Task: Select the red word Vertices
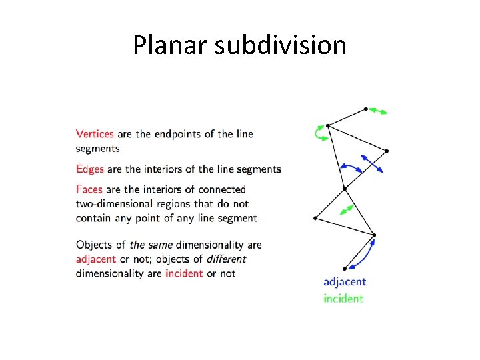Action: click(95, 134)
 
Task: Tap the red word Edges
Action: click(90, 169)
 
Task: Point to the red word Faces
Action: click(89, 190)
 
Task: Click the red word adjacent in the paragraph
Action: click(96, 259)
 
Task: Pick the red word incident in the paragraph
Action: click(184, 273)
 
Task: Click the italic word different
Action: click(226, 259)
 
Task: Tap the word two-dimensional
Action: click(117, 204)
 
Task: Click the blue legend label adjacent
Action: click(345, 282)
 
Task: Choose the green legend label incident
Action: click(343, 299)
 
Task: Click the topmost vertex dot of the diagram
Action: click(366, 109)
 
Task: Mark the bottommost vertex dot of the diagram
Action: click(345, 269)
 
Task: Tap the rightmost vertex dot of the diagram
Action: click(387, 151)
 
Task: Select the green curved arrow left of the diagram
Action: click(319, 134)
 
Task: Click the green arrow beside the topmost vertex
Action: click(379, 111)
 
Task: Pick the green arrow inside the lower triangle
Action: click(347, 210)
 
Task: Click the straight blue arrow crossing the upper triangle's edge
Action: click(372, 163)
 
